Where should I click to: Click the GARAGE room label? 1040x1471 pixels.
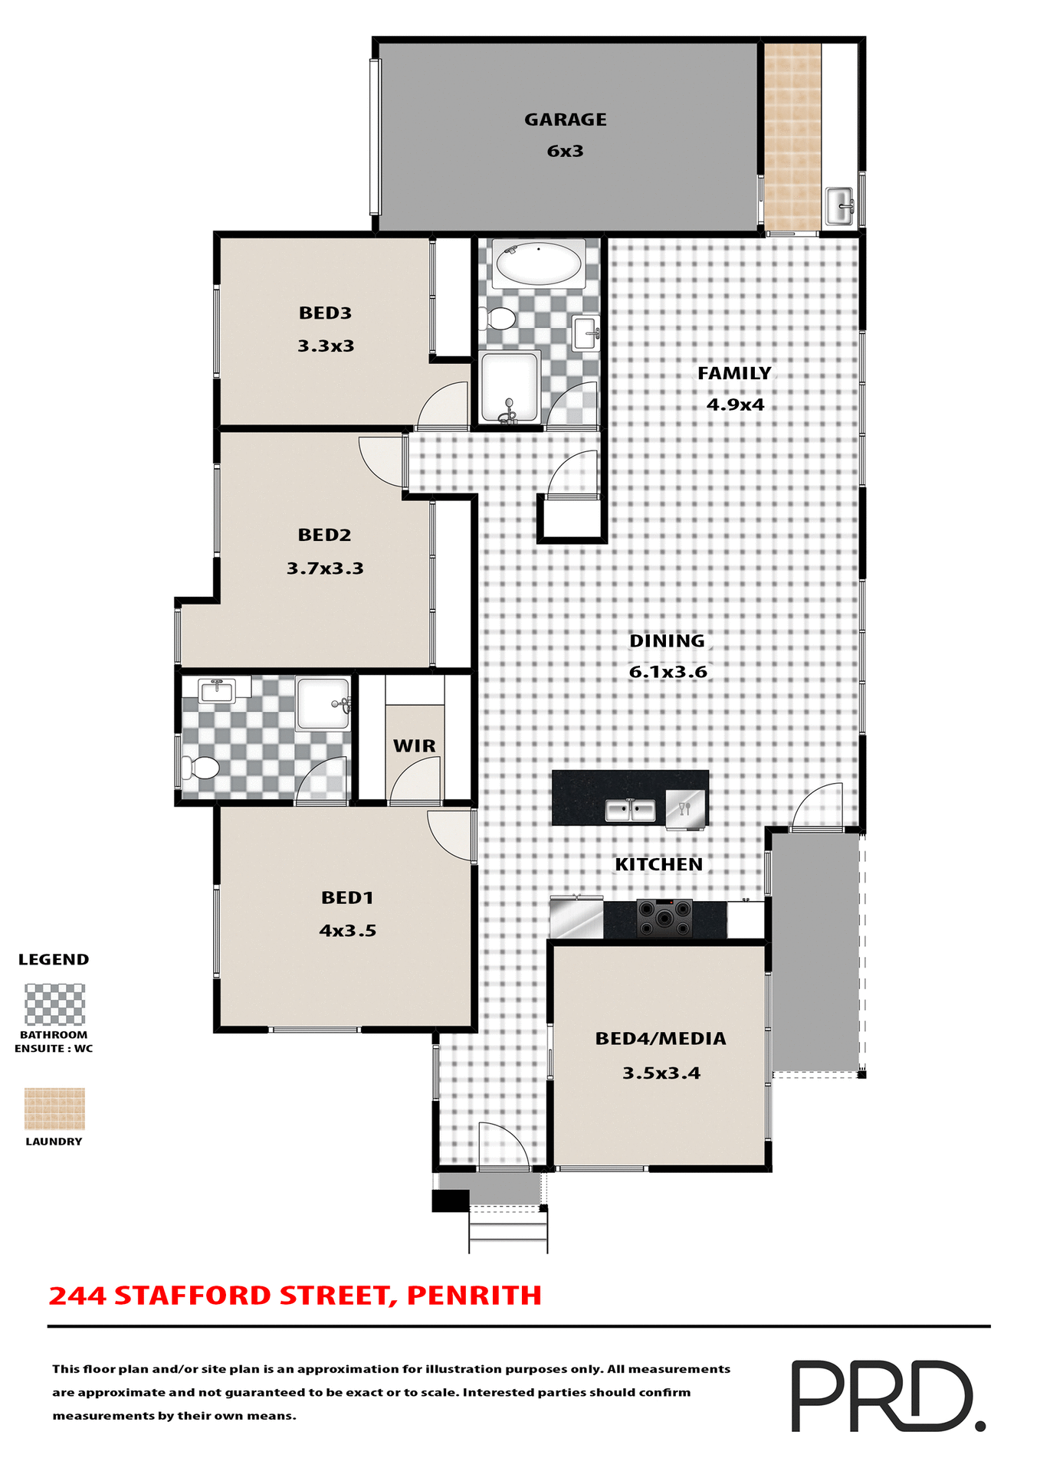click(565, 120)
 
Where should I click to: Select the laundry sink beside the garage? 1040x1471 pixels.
click(840, 205)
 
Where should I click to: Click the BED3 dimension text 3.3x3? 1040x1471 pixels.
click(326, 346)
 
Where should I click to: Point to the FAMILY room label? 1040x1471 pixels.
click(734, 373)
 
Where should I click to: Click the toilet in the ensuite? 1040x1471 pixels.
click(202, 767)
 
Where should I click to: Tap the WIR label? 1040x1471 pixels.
click(414, 745)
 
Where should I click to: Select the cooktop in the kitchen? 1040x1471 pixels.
click(664, 918)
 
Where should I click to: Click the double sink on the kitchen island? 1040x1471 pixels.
click(630, 810)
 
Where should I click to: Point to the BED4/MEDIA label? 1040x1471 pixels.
click(661, 1039)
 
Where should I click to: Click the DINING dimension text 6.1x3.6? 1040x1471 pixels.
click(668, 672)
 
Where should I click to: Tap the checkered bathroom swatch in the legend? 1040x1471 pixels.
click(54, 1004)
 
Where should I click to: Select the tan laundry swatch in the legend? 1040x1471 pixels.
click(54, 1109)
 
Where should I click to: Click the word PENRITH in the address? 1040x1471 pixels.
click(474, 1296)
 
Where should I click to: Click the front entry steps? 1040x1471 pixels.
click(508, 1230)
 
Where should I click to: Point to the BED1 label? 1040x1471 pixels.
click(347, 897)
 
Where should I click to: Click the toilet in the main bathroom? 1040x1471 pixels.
click(500, 318)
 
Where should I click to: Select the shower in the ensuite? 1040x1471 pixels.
click(323, 703)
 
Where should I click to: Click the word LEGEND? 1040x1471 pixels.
click(54, 959)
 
